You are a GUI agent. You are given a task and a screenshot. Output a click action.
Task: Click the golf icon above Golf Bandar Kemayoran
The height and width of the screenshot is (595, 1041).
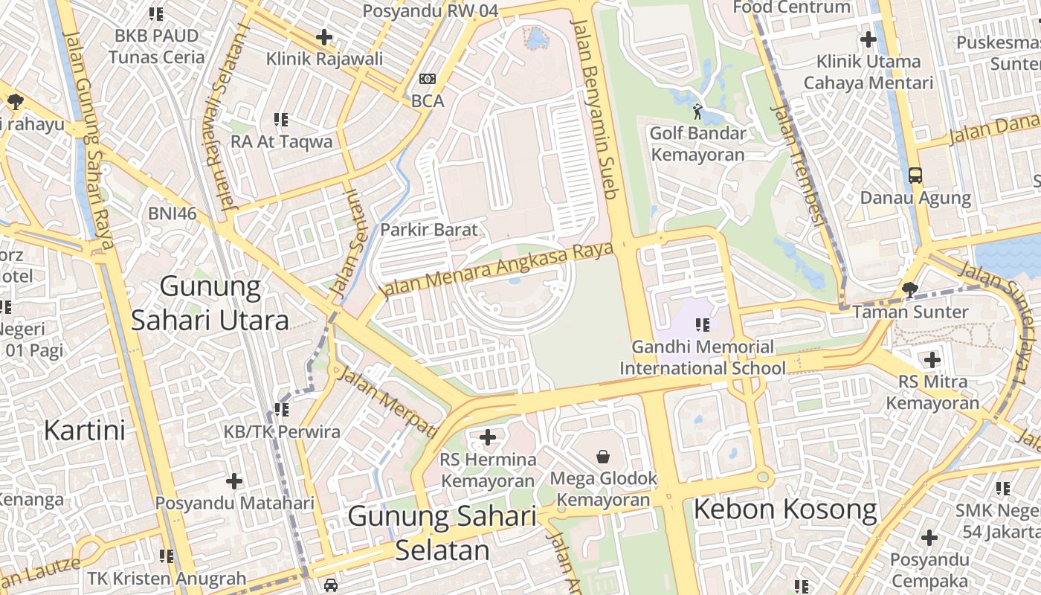coord(697,112)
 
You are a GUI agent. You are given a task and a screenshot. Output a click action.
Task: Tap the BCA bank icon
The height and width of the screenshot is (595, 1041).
coord(428,79)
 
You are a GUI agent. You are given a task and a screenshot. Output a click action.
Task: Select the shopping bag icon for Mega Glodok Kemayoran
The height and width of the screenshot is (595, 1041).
coord(603,455)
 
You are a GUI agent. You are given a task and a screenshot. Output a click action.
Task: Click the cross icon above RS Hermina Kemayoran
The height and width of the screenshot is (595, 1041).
coord(488,437)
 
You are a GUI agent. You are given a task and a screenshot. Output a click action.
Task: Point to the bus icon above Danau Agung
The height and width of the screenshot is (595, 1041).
coord(915,176)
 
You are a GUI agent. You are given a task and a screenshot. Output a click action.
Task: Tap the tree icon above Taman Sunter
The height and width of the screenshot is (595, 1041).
coord(909,290)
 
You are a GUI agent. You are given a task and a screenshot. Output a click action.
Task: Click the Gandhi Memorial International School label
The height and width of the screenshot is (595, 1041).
coord(702,358)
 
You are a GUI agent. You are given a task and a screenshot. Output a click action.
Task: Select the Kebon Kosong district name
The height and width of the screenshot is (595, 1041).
coord(785,510)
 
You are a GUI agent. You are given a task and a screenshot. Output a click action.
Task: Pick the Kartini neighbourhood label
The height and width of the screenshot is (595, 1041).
coord(84,430)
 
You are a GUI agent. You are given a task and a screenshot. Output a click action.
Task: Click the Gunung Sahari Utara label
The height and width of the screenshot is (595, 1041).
coord(210,303)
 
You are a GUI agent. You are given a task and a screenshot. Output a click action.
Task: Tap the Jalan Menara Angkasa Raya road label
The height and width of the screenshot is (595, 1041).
coord(497,269)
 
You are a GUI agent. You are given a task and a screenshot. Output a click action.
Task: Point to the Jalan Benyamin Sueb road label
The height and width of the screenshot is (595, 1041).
coord(595,108)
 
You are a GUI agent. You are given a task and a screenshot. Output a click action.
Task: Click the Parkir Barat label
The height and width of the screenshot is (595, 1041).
coord(429,230)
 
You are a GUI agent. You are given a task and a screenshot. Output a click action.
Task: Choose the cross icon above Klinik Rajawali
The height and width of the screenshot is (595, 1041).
coord(324,36)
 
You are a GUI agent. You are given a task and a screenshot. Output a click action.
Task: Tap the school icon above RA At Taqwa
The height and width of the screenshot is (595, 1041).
coord(281,119)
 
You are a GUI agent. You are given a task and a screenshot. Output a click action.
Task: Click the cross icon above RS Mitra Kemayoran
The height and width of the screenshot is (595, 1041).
coord(932,361)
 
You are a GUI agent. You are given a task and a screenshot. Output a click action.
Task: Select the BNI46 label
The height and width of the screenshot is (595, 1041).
coord(173,213)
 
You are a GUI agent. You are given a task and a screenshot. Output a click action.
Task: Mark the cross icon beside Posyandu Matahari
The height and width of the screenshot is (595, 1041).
coord(234,481)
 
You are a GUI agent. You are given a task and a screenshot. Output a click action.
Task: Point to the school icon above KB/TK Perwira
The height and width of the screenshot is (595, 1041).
coord(282,409)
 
